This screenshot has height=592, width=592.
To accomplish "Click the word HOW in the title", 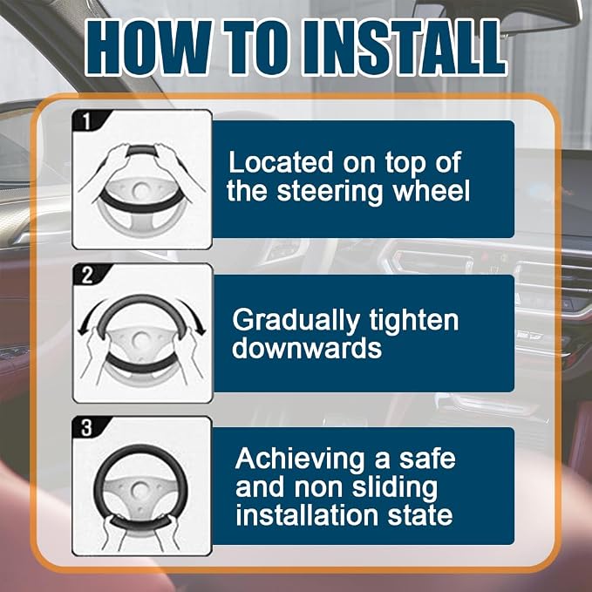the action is [148, 48].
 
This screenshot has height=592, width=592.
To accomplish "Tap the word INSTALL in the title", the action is [404, 48].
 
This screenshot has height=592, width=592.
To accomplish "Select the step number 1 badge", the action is [87, 121].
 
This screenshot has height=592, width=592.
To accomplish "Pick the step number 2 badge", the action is [87, 276].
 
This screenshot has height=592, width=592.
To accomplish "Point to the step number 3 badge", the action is [87, 428].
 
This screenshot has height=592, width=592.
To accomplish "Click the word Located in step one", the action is [281, 162].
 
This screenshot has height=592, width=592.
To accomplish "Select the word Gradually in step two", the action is [296, 322].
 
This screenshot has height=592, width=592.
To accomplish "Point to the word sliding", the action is [395, 488].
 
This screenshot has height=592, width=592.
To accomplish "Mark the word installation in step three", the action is [308, 514].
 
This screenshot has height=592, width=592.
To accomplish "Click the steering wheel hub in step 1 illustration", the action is [140, 190].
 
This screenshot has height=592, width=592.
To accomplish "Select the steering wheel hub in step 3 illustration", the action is [140, 490].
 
